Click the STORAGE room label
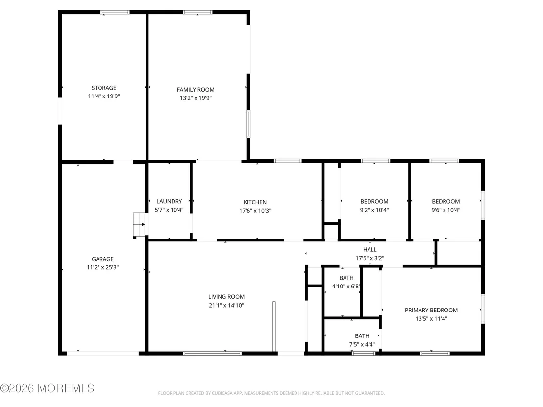[103, 88]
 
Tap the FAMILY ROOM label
[196, 90]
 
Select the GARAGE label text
[102, 259]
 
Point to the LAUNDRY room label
[169, 201]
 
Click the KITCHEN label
[255, 202]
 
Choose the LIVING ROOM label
[226, 297]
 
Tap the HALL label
[370, 249]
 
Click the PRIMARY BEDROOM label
[431, 310]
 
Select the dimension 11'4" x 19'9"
[103, 96]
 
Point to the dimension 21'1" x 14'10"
[226, 305]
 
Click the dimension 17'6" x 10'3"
[255, 211]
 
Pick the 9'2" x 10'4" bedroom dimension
[374, 210]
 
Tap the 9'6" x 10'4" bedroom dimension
[445, 210]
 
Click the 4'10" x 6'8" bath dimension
[346, 286]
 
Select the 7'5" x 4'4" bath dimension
[362, 344]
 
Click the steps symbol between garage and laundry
[139, 225]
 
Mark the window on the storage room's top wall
[115, 12]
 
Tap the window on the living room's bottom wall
[212, 353]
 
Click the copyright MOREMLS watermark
[48, 388]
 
